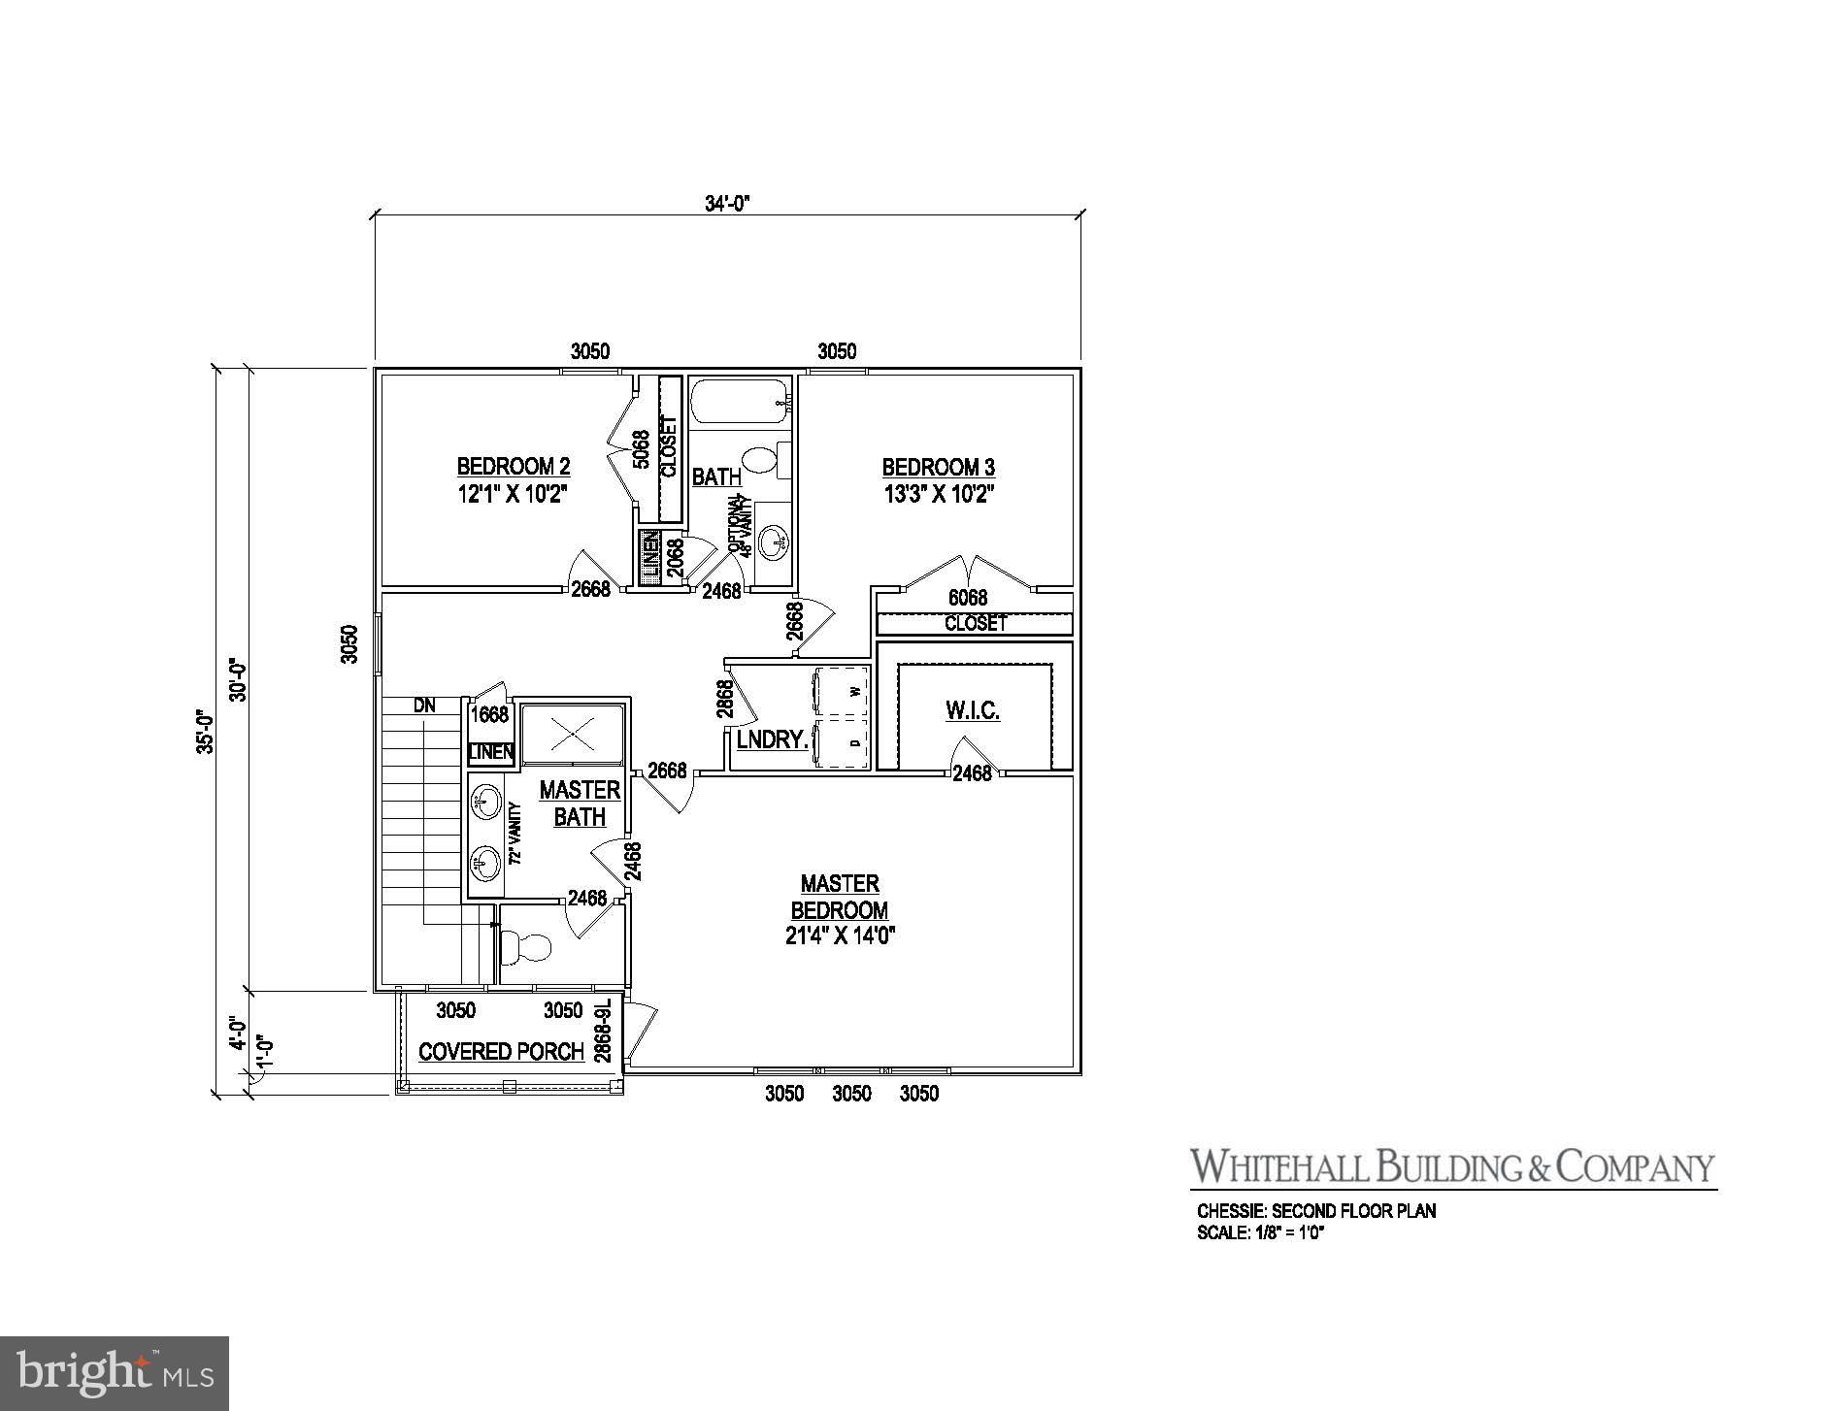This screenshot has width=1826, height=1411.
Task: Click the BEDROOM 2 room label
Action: coord(513,466)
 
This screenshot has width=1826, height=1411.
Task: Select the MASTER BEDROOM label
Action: coord(840,897)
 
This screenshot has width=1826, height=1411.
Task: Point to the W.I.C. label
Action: coord(972,710)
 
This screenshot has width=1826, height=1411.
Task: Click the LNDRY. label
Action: coord(772,739)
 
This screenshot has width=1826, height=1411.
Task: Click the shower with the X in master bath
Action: coord(573,736)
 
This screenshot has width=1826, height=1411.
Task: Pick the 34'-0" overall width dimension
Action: coord(728,203)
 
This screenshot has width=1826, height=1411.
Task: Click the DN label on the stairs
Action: coord(424,705)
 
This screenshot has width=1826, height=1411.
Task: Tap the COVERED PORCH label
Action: coord(501,1052)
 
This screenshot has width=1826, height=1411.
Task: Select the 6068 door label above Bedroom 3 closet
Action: coord(967,598)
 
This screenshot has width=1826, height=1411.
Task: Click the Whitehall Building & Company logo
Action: coord(1452,1167)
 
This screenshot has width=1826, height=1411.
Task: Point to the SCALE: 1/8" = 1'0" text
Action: coord(1261,1233)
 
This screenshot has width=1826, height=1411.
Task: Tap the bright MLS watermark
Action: coord(115,1372)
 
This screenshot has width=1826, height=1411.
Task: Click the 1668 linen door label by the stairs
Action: coord(489,714)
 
